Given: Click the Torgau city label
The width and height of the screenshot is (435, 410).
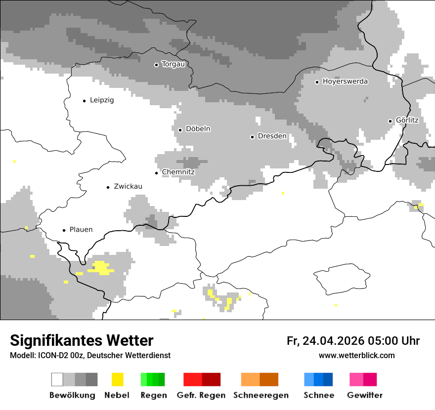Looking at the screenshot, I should [x=173, y=64].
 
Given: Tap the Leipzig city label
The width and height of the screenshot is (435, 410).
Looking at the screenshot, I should [x=102, y=100].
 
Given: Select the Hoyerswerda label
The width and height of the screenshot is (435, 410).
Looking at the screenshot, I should [x=345, y=82].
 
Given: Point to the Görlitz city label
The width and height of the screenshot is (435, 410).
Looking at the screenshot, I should [x=407, y=120].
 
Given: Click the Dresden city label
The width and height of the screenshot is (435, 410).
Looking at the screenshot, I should [x=272, y=136].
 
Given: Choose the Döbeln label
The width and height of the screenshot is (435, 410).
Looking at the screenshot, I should [x=198, y=129].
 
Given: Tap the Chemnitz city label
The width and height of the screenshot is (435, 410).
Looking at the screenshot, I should [x=178, y=172].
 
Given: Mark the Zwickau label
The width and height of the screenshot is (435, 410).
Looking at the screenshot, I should [x=128, y=187].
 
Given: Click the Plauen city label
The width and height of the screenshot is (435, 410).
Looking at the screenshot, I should [x=81, y=230].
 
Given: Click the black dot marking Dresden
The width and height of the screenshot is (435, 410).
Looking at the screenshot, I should [x=252, y=137].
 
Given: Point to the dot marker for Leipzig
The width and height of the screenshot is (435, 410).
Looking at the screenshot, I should [x=84, y=101].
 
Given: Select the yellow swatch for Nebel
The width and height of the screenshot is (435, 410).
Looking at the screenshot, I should [x=118, y=379].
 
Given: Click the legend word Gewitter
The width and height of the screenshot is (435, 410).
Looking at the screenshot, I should [x=364, y=395].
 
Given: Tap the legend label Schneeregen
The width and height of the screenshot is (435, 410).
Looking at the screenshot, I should [x=261, y=395].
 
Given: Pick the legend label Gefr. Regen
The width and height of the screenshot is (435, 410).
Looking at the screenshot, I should [x=201, y=395].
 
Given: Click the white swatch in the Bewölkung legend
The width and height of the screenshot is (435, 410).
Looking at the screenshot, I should [x=57, y=379].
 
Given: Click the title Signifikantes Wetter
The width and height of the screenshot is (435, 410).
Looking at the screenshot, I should [x=82, y=341].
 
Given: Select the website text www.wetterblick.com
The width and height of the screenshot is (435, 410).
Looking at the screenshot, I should [x=356, y=355].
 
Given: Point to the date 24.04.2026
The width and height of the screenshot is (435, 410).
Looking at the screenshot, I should [x=333, y=341].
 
